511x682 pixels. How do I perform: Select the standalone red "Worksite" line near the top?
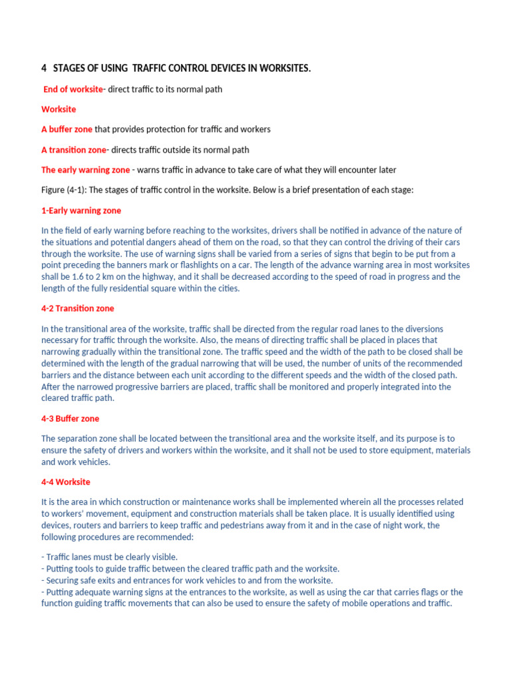(59, 109)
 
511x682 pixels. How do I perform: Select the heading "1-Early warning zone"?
(81, 210)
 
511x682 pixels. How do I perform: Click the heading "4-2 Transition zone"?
(78, 308)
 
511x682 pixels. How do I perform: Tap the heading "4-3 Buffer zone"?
(71, 419)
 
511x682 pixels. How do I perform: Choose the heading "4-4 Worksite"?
(66, 482)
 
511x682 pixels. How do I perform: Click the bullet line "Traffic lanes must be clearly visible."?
(109, 557)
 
